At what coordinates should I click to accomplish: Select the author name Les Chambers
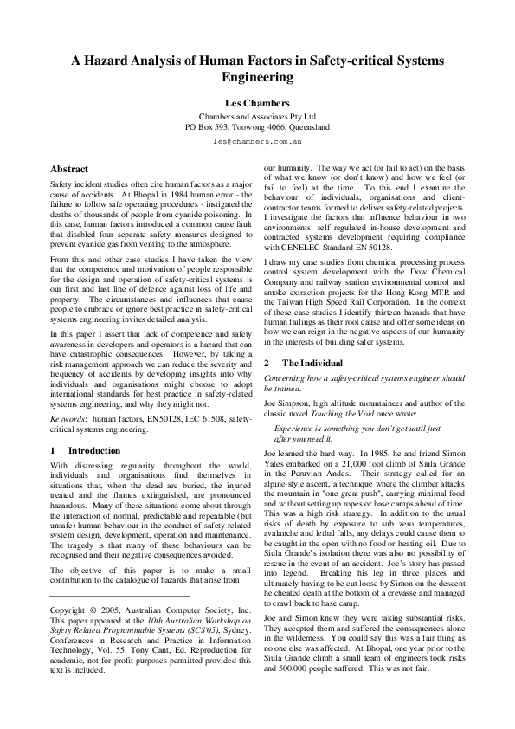(257, 102)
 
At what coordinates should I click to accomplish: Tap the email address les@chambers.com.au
(257, 139)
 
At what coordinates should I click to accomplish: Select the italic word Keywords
(68, 418)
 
